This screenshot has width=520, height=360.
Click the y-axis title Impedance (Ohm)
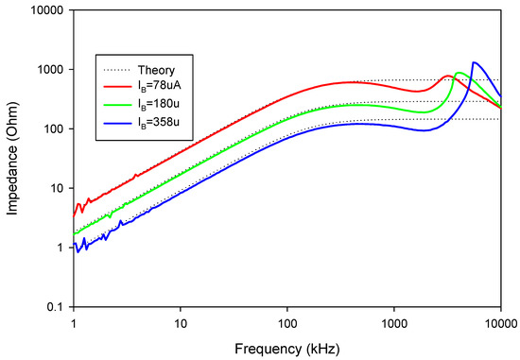coord(12,158)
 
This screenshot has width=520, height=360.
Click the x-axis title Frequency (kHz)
coord(287,346)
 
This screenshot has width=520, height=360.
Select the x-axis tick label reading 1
coord(73,321)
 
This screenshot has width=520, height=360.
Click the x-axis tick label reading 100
coord(286,321)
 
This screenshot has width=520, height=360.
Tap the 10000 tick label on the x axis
coord(499,321)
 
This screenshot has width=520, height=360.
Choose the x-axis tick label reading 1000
coord(393,321)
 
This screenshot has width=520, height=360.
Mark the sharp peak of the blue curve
coord(474,62)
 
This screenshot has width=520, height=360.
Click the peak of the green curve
coord(459,73)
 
